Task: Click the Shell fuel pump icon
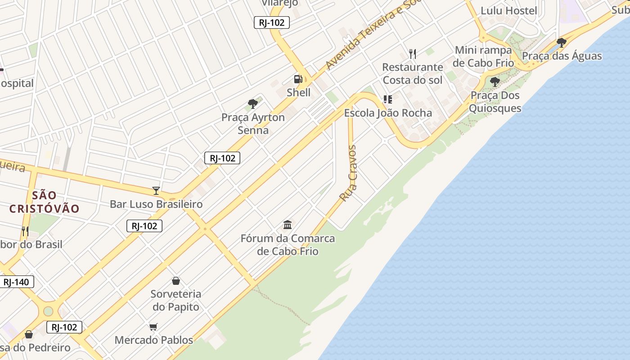click(x=298, y=79)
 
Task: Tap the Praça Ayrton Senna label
click(x=253, y=124)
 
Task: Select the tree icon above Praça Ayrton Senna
click(x=253, y=104)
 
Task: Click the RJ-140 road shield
click(x=16, y=282)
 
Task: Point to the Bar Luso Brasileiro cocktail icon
click(x=156, y=190)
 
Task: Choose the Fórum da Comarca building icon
click(x=288, y=225)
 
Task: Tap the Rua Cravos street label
click(x=348, y=173)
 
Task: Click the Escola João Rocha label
click(x=388, y=113)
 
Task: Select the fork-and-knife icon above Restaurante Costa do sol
click(x=413, y=54)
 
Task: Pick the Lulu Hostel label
click(x=508, y=10)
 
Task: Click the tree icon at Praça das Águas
click(x=561, y=43)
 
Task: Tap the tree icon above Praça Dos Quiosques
click(x=495, y=82)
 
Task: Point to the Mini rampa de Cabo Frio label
click(x=483, y=56)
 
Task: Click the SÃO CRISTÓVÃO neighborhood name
click(x=44, y=202)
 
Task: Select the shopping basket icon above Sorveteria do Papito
click(x=176, y=281)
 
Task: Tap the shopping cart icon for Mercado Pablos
click(x=153, y=327)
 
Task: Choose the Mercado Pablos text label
click(x=154, y=340)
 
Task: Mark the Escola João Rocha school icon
click(x=388, y=99)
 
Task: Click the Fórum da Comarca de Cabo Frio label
click(x=288, y=244)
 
